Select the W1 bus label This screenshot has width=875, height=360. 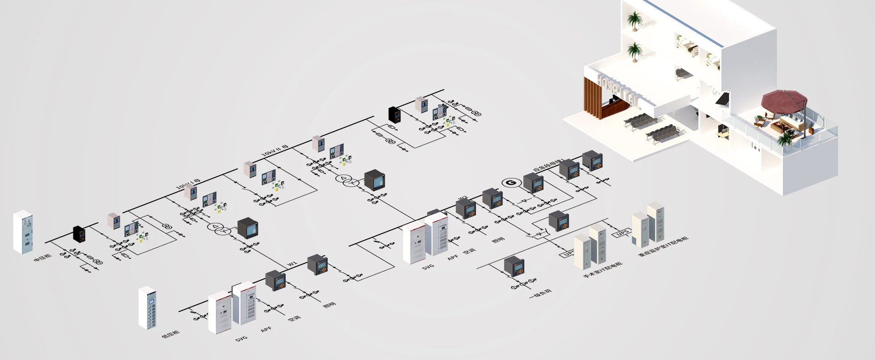[292, 264]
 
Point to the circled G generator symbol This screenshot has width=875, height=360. [510, 183]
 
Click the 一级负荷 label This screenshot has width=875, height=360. [540, 294]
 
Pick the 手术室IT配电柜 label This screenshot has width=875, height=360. [602, 270]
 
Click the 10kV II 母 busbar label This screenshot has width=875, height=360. [275, 152]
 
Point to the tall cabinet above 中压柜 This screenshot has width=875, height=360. [24, 232]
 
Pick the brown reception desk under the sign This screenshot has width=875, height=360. [613, 109]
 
